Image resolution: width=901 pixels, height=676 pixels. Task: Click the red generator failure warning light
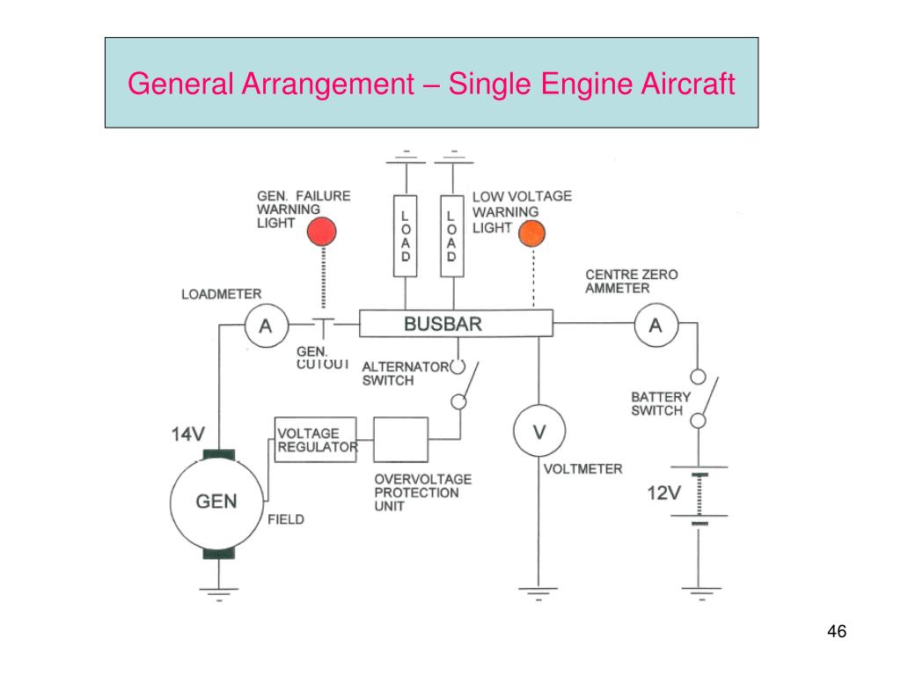tap(321, 231)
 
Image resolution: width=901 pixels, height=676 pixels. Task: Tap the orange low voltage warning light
tap(532, 234)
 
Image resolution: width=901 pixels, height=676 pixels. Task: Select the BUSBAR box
tap(456, 324)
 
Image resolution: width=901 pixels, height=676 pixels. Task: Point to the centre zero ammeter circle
tap(656, 327)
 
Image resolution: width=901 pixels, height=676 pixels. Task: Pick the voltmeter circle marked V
tap(539, 432)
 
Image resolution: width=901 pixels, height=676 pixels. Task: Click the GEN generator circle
tap(216, 503)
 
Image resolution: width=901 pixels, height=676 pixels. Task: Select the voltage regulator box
tap(316, 439)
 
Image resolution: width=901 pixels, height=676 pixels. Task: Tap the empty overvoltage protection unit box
tap(401, 439)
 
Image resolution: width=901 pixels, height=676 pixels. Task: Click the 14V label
tap(188, 434)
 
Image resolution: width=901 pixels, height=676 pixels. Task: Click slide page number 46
tap(836, 632)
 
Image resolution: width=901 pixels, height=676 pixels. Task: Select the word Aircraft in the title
tap(690, 84)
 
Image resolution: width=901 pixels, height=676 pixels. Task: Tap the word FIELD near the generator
tap(286, 519)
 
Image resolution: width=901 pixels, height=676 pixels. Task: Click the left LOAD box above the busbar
tap(406, 235)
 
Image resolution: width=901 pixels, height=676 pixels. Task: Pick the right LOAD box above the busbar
tap(451, 235)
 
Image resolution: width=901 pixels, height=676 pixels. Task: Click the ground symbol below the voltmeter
tap(539, 591)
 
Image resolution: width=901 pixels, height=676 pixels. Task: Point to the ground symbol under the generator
tap(216, 591)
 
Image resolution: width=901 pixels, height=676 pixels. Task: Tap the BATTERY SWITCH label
tap(661, 404)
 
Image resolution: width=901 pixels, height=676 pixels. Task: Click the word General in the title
tap(179, 84)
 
